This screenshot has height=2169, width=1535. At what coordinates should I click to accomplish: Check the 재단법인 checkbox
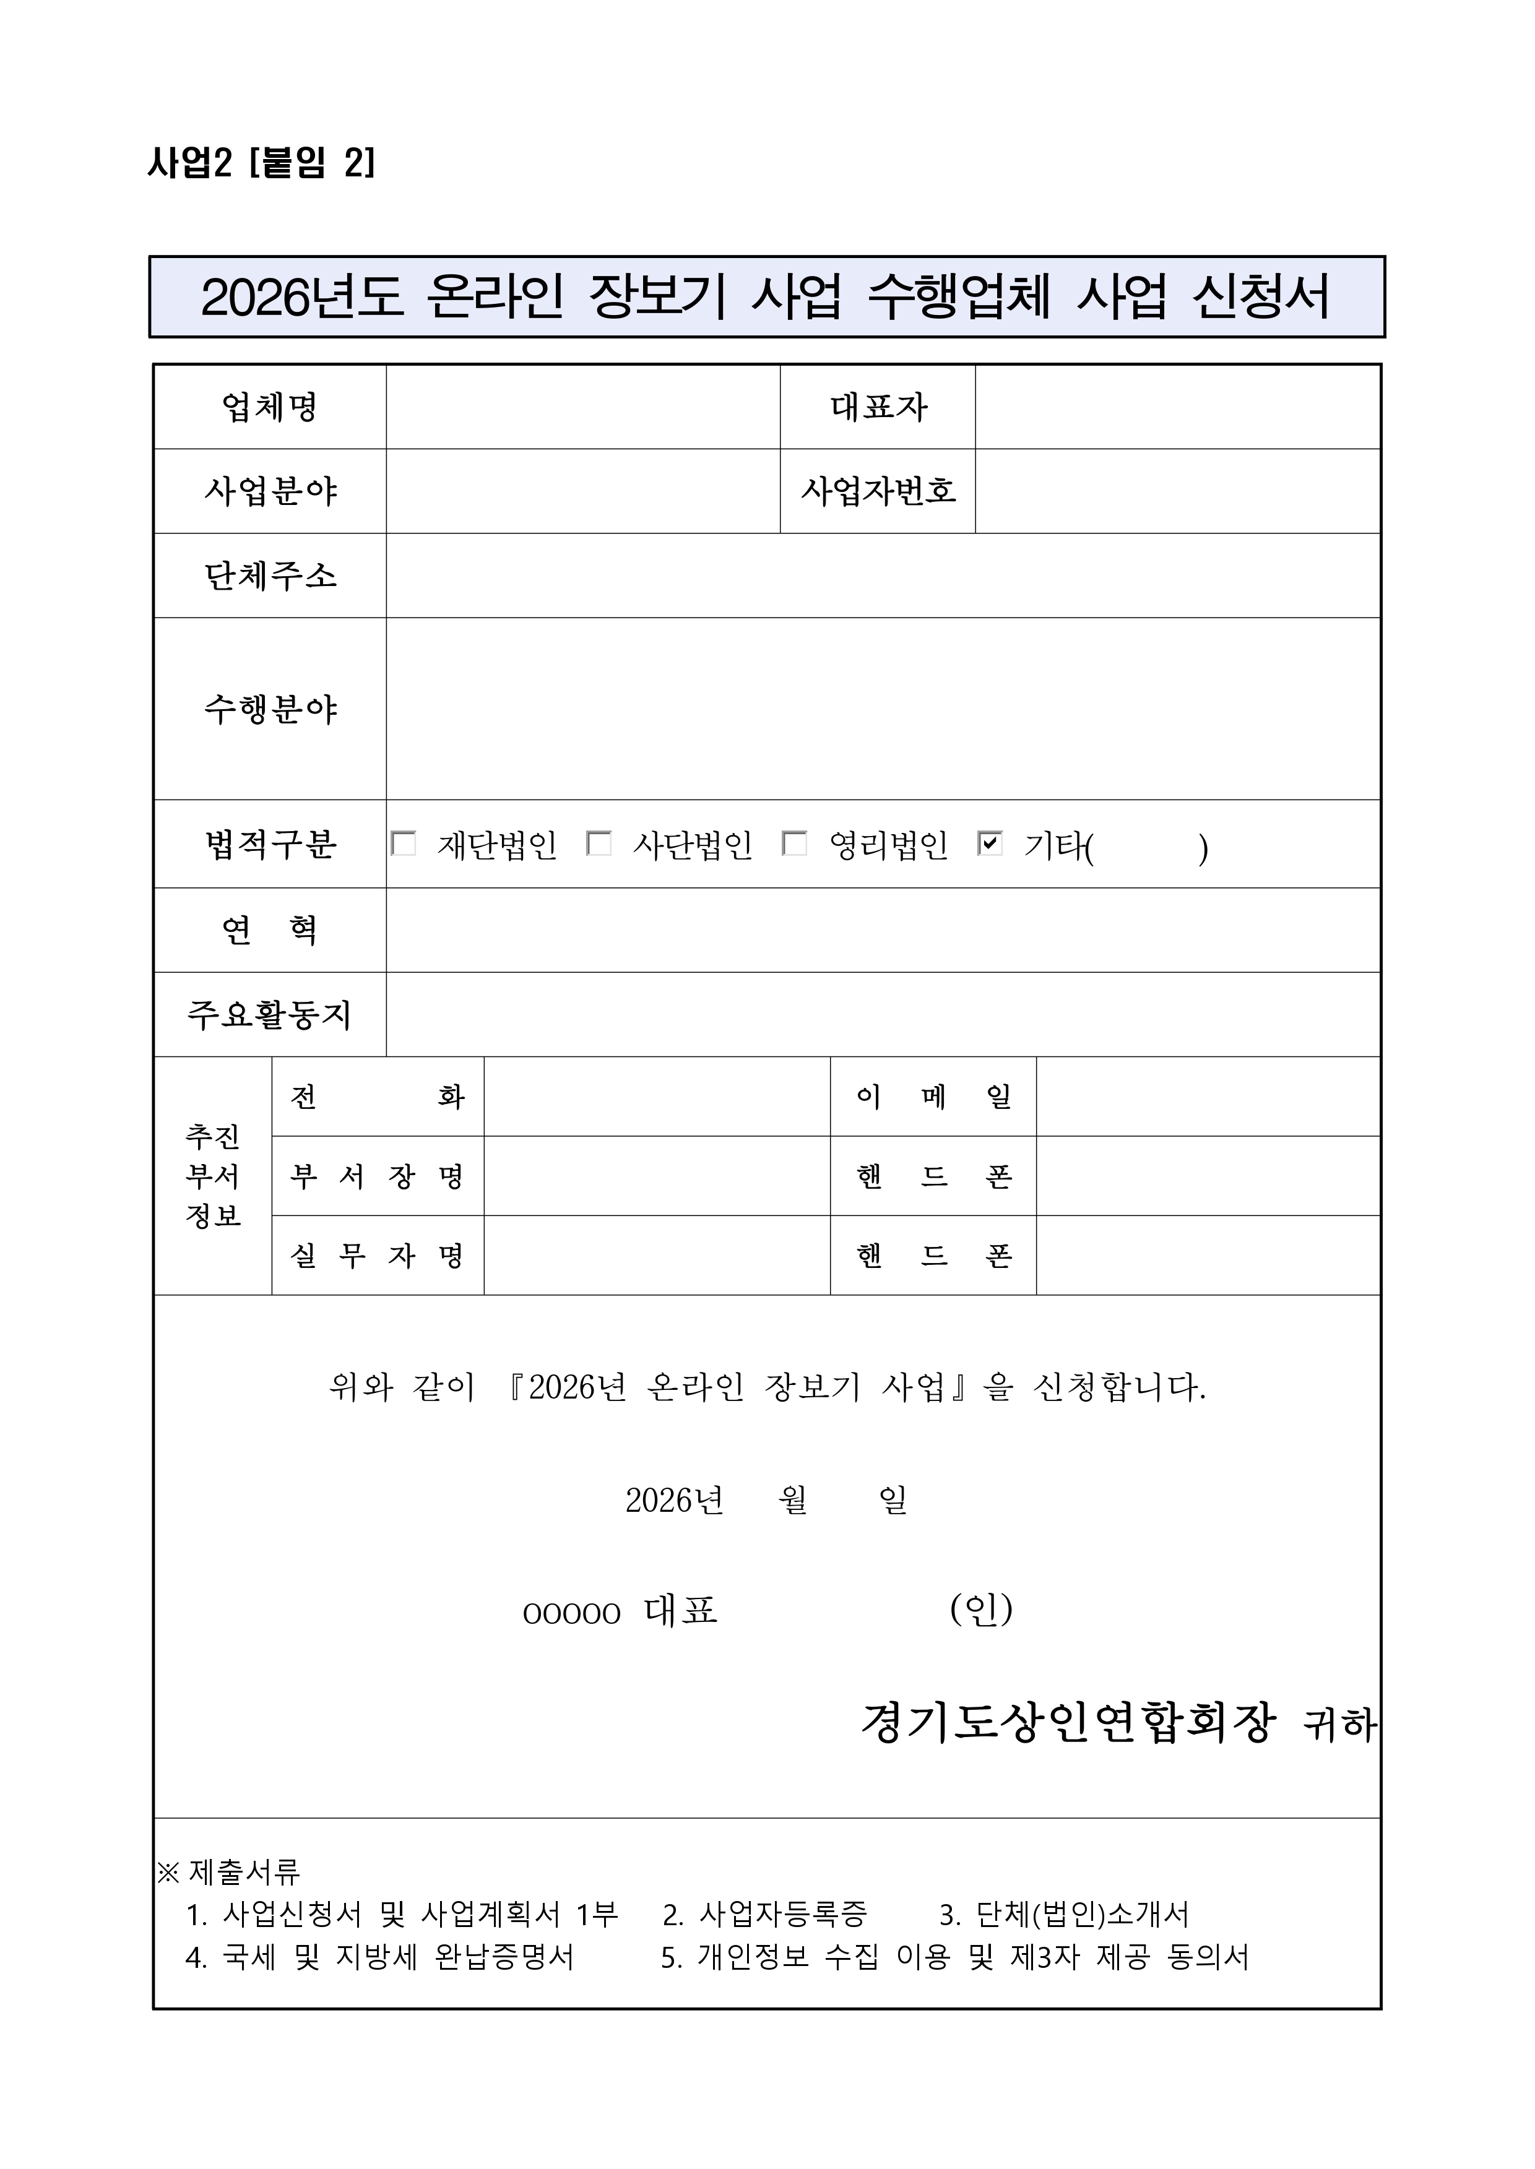pos(404,844)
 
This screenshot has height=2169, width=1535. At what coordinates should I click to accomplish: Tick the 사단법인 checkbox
pos(599,844)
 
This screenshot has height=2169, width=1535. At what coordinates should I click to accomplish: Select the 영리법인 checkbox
pos(795,844)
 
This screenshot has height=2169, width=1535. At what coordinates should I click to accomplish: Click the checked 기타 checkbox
pos(990,844)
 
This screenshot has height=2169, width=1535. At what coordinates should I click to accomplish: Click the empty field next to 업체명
pos(582,407)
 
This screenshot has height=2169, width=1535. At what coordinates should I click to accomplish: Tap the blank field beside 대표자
pos(1177,407)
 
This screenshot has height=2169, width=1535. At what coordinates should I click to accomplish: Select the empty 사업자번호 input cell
pos(1177,491)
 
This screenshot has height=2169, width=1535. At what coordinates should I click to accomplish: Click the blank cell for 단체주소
pos(883,576)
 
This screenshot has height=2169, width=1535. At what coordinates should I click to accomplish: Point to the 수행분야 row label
pos(270,709)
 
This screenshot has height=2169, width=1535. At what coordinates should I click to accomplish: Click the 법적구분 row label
pos(270,844)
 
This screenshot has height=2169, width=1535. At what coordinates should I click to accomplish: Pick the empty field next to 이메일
pos(1208,1097)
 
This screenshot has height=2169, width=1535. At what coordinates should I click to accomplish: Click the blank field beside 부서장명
pos(657,1176)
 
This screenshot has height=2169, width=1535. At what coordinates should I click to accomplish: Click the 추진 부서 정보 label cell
pos(213,1176)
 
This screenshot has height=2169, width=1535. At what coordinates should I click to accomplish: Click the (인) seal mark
pos(981,1610)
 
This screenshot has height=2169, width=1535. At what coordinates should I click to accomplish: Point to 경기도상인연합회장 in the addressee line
pos(1068,1723)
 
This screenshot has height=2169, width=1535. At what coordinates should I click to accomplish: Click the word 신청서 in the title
pos(1261,297)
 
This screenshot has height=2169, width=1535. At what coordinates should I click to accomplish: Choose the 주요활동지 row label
pos(270,1014)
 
